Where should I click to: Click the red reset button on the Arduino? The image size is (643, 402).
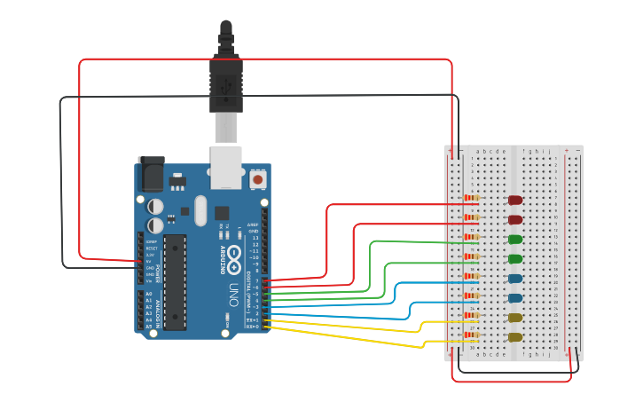click(x=258, y=179)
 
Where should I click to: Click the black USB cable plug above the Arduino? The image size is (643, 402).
click(x=224, y=84)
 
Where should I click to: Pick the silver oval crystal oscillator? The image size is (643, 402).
click(x=200, y=210)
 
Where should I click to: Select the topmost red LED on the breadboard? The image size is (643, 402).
click(x=514, y=201)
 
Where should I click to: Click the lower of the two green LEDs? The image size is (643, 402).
click(x=514, y=259)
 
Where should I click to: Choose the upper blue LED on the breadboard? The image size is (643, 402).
click(x=514, y=279)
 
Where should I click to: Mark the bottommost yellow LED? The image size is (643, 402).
click(x=514, y=337)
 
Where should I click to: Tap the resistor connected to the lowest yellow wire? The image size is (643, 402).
click(x=472, y=335)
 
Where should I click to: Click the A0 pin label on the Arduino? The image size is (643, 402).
click(x=148, y=294)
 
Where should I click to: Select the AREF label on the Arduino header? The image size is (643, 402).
click(x=254, y=225)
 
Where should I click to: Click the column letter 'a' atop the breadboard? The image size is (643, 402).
click(x=478, y=151)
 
